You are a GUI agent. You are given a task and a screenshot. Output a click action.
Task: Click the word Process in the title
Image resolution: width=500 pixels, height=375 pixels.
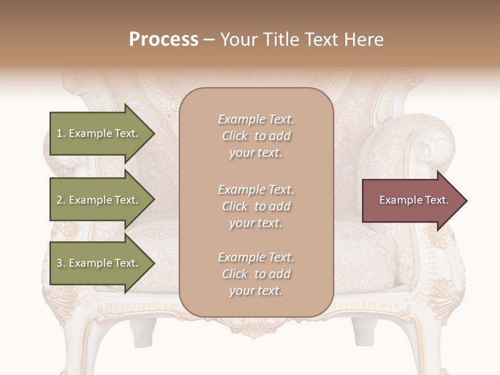(x=164, y=40)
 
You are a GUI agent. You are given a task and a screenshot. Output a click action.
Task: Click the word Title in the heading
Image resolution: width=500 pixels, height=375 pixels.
(x=281, y=40)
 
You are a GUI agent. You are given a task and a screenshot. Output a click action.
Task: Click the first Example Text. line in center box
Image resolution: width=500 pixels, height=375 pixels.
(x=256, y=119)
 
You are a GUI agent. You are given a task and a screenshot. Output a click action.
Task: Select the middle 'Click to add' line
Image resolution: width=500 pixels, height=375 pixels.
(x=256, y=206)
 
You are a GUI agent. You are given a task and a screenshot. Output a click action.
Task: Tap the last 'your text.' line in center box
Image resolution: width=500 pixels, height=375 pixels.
(x=256, y=291)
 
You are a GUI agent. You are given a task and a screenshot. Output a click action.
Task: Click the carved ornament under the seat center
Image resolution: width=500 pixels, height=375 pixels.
(x=256, y=326)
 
